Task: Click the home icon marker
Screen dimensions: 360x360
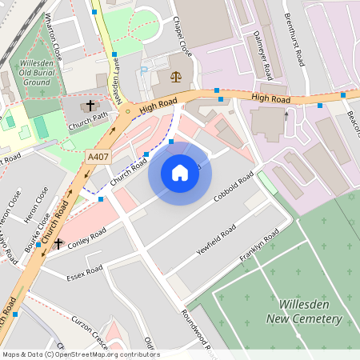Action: coord(180,173)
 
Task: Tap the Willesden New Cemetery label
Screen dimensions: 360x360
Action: coord(310,312)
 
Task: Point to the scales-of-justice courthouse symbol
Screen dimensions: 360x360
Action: coord(175,78)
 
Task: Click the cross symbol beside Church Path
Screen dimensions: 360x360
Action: coord(90,105)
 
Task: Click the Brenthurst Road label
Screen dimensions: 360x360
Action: coord(297,40)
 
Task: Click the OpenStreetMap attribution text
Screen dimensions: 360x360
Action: coord(81,354)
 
